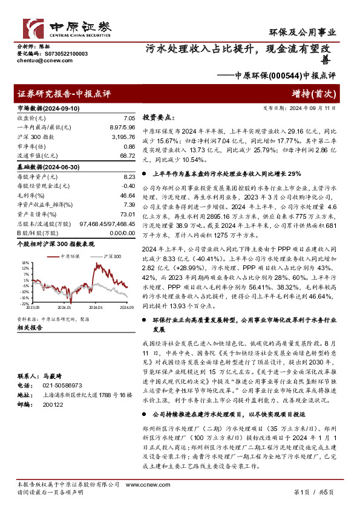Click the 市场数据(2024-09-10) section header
tap(47, 108)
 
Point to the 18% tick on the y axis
tap(24, 263)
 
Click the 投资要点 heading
tap(159, 119)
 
